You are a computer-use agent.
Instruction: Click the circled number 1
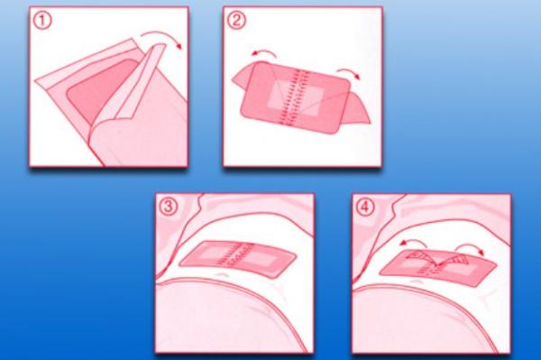pyautogui.click(x=42, y=21)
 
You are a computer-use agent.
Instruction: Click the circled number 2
pyautogui.click(x=236, y=21)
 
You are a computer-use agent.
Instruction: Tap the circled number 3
pyautogui.click(x=169, y=207)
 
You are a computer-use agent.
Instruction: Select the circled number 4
pyautogui.click(x=365, y=208)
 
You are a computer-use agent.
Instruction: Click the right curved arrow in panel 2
pyautogui.click(x=349, y=70)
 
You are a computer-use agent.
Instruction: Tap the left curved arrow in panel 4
pyautogui.click(x=413, y=241)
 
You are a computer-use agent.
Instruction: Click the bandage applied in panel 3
pyautogui.click(x=238, y=259)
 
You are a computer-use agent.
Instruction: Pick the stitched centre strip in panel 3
pyautogui.click(x=237, y=256)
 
